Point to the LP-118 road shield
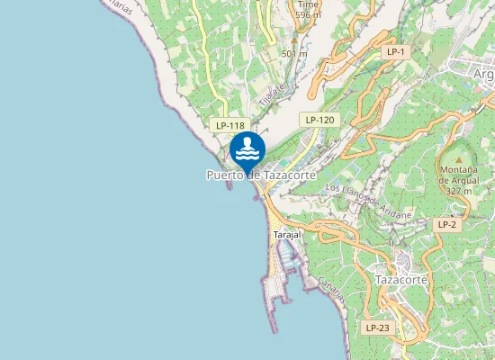[230, 125]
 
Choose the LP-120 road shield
[319, 119]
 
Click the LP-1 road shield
[396, 52]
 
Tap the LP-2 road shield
[447, 223]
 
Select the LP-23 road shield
[378, 328]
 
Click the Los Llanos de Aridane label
[368, 202]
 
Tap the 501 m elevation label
[294, 53]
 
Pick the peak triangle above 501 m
[294, 40]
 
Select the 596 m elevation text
[308, 14]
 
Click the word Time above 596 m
[308, 4]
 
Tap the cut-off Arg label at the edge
[483, 75]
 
